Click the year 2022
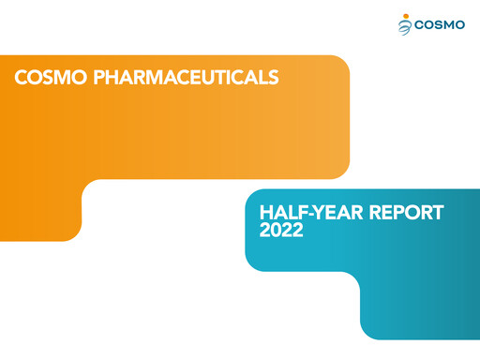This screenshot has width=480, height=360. click(281, 231)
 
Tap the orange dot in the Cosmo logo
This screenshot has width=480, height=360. click(405, 16)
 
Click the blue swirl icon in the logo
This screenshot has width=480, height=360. click(404, 27)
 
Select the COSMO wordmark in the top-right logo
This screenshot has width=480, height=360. click(439, 25)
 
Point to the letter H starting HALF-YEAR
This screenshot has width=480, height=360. click(265, 213)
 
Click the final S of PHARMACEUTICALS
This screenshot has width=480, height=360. click(274, 77)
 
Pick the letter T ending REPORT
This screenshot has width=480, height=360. click(437, 213)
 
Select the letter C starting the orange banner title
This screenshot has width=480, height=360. click(20, 77)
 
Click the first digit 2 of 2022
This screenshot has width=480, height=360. click(264, 231)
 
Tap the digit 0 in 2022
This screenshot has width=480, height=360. click(276, 231)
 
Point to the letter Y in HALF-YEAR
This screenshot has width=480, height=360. click(319, 213)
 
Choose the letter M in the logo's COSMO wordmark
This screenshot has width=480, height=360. click(447, 25)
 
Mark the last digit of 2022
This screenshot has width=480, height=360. click(298, 231)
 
